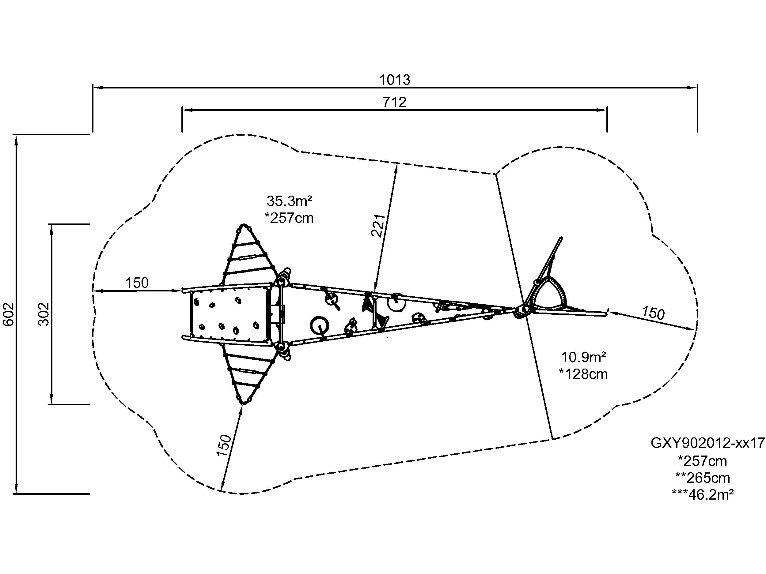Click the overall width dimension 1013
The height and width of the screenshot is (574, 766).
tap(394, 80)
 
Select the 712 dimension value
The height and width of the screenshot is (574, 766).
tap(394, 103)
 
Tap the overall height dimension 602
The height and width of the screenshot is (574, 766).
tap(8, 314)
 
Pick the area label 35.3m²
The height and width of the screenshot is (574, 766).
tap(290, 201)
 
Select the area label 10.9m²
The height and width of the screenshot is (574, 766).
tap(583, 357)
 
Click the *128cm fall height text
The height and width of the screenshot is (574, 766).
tap(583, 374)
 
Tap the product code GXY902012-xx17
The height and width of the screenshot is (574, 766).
tap(707, 443)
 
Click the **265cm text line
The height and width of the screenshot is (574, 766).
tap(703, 478)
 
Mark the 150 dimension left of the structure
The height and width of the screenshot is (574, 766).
tap(137, 283)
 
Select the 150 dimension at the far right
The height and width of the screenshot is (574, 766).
tap(653, 313)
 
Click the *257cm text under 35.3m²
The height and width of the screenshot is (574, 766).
tap(290, 218)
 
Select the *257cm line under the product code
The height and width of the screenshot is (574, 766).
tap(703, 461)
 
